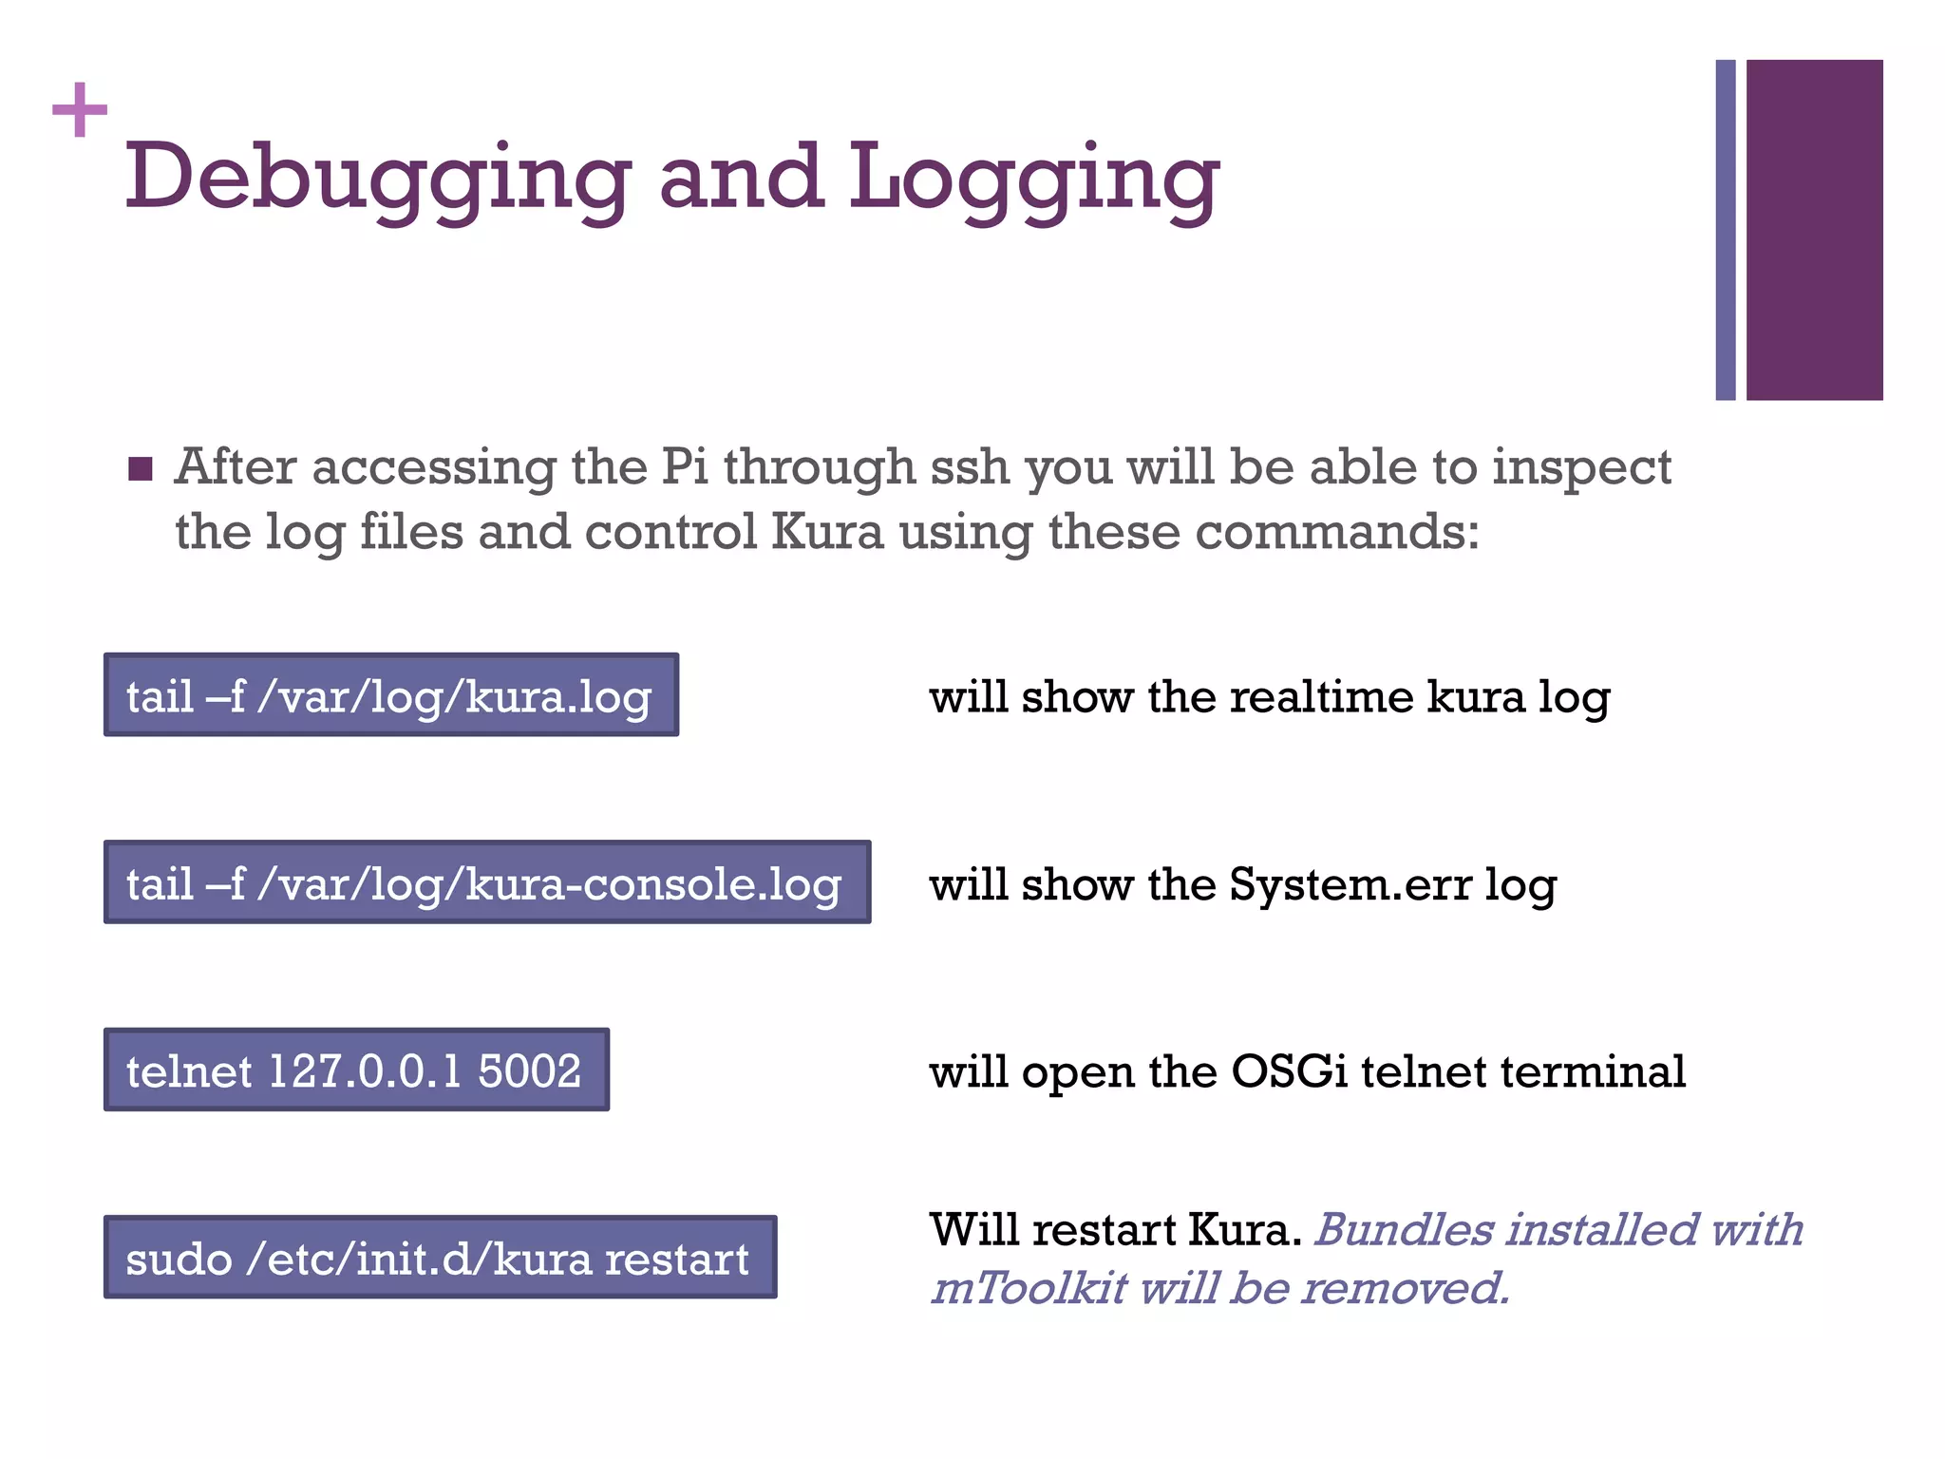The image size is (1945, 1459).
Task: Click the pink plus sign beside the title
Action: (x=80, y=109)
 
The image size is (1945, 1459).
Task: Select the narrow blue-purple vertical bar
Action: (x=1725, y=229)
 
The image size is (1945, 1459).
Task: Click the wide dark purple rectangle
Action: (x=1814, y=229)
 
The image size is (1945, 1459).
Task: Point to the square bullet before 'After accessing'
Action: (x=141, y=469)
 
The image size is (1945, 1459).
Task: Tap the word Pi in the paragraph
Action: (x=685, y=467)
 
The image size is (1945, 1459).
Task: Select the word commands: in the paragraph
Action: (x=1337, y=532)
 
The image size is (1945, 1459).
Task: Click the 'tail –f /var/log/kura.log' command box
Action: (x=390, y=695)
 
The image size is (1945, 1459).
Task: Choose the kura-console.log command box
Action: (x=486, y=882)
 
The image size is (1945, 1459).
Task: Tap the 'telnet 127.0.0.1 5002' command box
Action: (x=356, y=1071)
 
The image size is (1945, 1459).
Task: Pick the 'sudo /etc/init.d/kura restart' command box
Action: (x=440, y=1258)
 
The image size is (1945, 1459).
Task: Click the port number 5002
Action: (x=529, y=1071)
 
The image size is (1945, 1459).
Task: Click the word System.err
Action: (x=1350, y=884)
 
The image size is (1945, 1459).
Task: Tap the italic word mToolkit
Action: (x=1028, y=1289)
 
